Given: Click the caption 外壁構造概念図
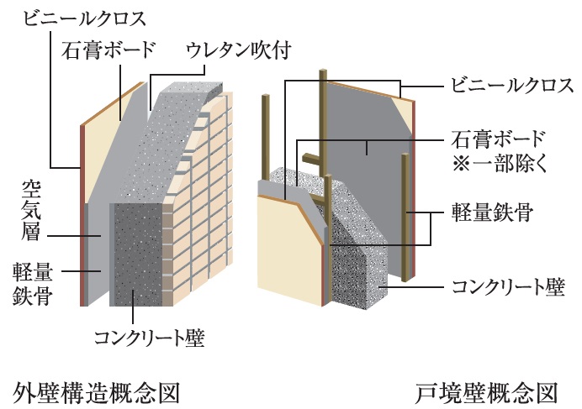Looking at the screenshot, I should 98,392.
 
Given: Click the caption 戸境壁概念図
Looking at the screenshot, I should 487,392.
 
